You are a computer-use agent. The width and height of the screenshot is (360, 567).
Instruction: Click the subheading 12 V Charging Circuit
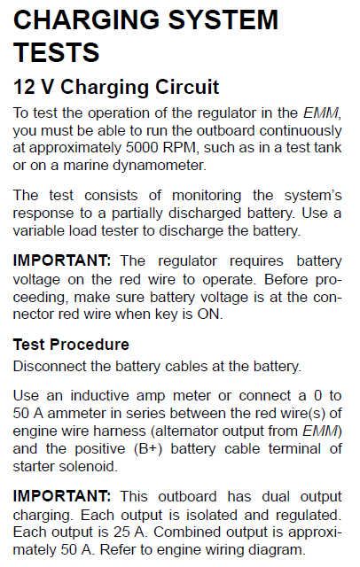(x=115, y=88)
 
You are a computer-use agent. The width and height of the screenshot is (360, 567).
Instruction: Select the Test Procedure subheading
(x=71, y=344)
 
